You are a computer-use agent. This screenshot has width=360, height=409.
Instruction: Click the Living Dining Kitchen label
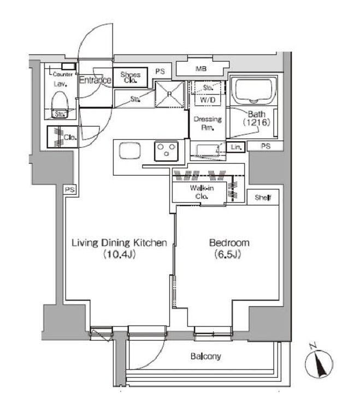(x=119, y=243)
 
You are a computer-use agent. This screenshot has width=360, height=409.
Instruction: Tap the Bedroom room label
(x=229, y=243)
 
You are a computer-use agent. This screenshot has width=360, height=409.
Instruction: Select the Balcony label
(x=206, y=357)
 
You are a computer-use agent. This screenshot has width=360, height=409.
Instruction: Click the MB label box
(x=200, y=69)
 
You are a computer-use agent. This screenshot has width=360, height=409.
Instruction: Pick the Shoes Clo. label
(x=131, y=77)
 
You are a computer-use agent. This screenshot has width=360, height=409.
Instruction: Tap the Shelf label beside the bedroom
(x=263, y=198)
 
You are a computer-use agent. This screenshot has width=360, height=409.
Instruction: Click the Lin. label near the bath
(x=236, y=147)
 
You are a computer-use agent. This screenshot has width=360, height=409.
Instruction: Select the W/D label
(x=206, y=100)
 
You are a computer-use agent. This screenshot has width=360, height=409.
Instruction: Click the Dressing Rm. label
(x=206, y=123)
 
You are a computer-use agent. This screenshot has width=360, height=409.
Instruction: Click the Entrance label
(x=95, y=80)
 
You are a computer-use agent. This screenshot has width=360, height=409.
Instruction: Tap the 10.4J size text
(x=119, y=254)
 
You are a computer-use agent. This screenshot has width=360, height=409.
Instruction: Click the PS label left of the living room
(x=69, y=189)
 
